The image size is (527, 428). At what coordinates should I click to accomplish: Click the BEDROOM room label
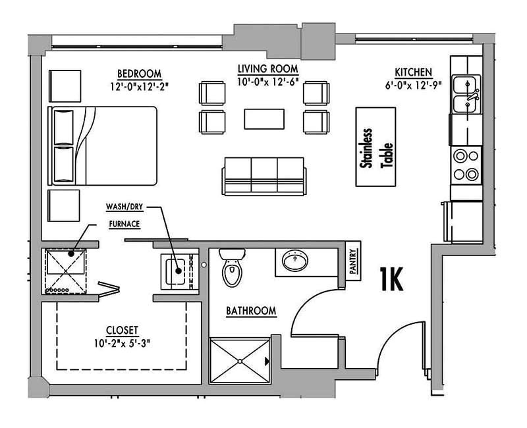coord(140,73)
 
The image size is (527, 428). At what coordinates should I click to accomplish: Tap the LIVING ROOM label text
coord(267,68)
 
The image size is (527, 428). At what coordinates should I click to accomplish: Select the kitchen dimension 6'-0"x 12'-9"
coord(413,84)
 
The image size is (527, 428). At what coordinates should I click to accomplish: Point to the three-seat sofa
coord(263,176)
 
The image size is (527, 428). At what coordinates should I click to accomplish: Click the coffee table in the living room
coord(264,119)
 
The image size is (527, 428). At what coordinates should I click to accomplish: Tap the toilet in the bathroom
coord(231,268)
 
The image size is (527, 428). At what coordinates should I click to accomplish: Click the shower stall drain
coord(240,361)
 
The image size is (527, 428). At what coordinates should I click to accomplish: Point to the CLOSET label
coord(122,330)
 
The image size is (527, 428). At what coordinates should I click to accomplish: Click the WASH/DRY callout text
coord(125,207)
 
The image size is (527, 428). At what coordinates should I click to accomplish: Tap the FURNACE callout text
coord(124,224)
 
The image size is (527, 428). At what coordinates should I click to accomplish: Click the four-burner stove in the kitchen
coord(466,165)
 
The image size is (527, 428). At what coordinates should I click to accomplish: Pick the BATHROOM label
coord(251,310)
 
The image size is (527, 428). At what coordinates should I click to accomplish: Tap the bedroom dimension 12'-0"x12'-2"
coord(140,85)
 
